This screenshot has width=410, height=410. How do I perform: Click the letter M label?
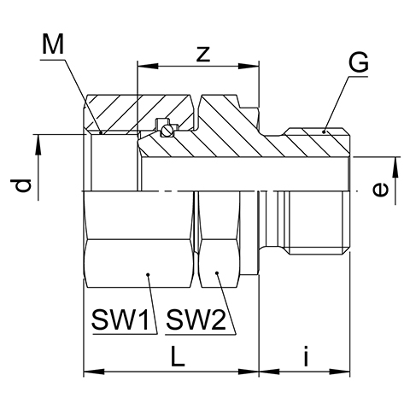[53, 44]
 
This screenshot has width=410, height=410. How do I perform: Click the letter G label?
[359, 62]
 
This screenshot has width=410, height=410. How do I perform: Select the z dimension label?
[203, 54]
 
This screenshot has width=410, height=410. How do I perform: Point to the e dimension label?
[380, 190]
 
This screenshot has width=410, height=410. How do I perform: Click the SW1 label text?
[120, 319]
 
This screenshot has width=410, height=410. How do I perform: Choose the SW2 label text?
[196, 319]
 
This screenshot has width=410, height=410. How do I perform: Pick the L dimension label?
[178, 356]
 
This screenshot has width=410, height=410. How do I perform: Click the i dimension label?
[306, 355]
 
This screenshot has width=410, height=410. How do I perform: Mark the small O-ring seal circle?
[166, 131]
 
